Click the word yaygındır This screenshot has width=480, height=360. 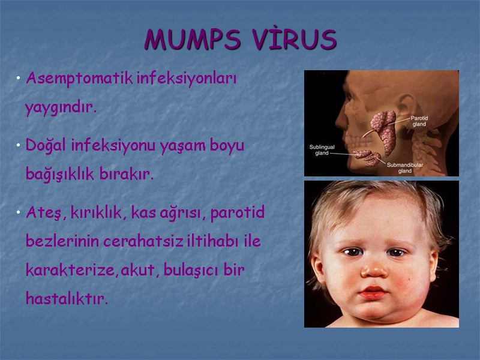pos(61,109)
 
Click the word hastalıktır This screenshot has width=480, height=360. pos(67,298)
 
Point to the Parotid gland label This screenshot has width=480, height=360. pos(419,121)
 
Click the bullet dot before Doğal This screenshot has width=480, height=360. pos(19,146)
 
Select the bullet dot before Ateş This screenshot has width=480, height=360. pos(19,212)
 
